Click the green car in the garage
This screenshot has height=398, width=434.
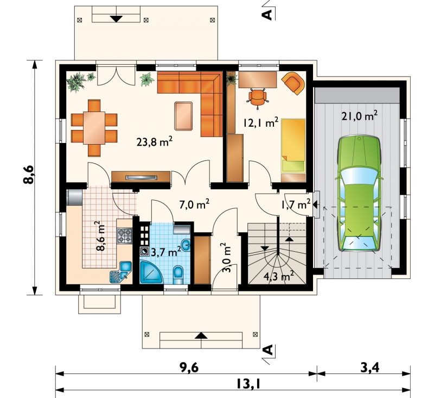[359, 194]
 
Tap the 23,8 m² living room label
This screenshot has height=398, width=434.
[155, 141]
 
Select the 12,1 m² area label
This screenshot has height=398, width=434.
[261, 122]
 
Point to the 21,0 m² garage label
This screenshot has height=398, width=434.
[359, 116]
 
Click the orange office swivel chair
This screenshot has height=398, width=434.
[258, 97]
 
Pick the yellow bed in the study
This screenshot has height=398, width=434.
[293, 146]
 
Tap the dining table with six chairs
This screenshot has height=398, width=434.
[94, 128]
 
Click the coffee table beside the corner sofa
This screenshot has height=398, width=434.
[183, 116]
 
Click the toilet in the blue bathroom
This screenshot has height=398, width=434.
[178, 275]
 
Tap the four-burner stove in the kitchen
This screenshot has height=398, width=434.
[125, 236]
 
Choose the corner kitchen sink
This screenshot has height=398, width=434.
[121, 272]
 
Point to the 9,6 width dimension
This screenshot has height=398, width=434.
[189, 368]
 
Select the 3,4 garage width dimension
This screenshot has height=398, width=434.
[370, 368]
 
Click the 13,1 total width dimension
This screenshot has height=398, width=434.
[248, 384]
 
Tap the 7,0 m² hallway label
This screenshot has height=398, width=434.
[194, 204]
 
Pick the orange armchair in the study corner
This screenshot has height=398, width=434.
[293, 83]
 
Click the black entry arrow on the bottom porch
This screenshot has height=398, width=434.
[201, 335]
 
